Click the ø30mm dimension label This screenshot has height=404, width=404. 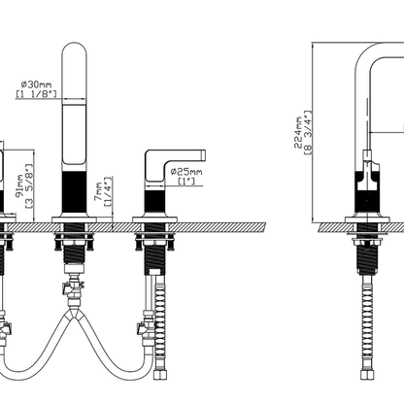click(x=36, y=84)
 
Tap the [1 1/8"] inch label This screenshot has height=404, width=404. click(x=36, y=94)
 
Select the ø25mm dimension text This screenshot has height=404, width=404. click(x=186, y=172)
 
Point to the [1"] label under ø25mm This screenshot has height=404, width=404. click(x=186, y=181)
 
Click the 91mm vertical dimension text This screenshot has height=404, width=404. click(x=20, y=185)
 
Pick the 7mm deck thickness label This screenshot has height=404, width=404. click(x=98, y=191)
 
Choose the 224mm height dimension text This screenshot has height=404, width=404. click(x=298, y=133)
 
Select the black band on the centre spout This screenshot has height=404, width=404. click(x=74, y=192)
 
